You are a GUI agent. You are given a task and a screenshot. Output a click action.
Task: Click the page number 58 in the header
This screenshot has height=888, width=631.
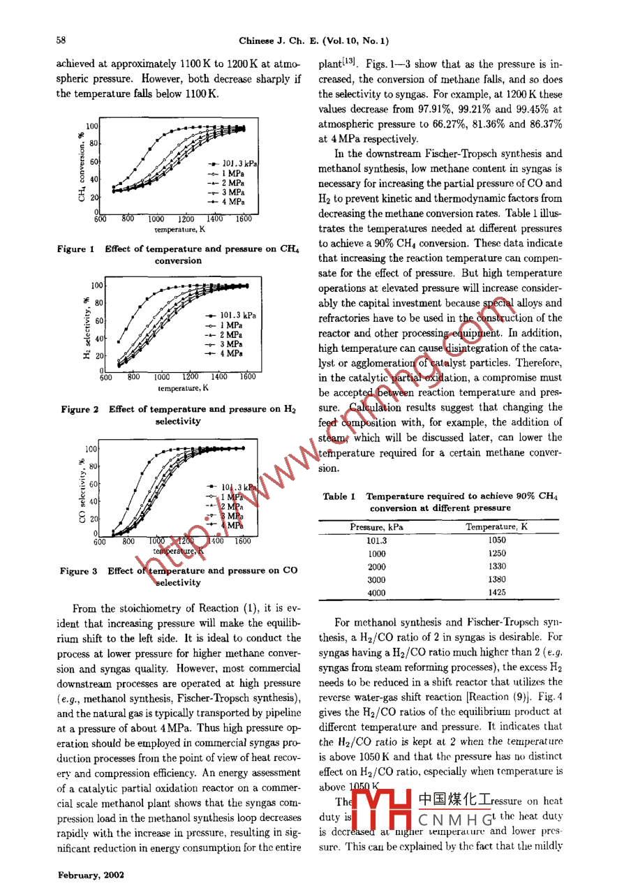[x=61, y=40]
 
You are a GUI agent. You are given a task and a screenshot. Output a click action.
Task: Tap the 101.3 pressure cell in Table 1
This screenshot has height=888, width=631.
[x=376, y=540]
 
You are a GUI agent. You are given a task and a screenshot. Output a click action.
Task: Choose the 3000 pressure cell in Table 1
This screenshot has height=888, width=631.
[x=376, y=579]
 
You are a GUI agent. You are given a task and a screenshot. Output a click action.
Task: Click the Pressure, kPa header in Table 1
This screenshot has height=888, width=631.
[x=376, y=527]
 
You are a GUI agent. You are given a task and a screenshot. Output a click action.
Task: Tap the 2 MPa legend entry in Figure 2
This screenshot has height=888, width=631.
[x=230, y=334]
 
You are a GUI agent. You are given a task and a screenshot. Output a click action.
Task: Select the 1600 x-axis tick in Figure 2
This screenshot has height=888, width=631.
[x=246, y=377]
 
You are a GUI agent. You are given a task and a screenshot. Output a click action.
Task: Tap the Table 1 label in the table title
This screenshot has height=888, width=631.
[x=339, y=497]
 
